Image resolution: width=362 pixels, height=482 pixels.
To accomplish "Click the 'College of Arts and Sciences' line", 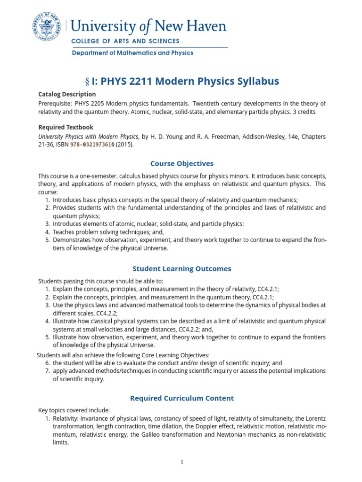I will coord(125,41).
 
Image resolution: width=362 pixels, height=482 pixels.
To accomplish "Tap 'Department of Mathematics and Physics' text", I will coord(132,53).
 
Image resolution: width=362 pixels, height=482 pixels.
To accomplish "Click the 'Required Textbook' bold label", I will coord(66,127).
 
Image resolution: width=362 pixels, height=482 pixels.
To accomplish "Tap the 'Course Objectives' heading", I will coord(181,163).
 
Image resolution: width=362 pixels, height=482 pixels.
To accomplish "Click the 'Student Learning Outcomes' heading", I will coord(181,269).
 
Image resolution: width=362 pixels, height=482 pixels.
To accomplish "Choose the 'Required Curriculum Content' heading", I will coord(181,398).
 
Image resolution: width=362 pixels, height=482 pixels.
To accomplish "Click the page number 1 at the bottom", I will coord(182,462).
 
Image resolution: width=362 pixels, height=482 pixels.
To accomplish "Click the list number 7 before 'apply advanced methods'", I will coord(48,371).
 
